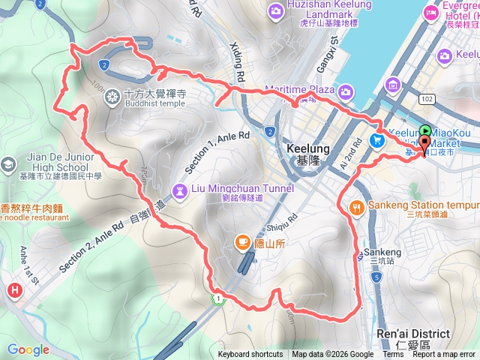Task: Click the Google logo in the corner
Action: (28, 349)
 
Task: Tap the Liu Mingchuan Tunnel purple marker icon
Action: (181, 191)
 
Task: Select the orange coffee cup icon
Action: (242, 241)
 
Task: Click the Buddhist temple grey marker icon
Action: (112, 96)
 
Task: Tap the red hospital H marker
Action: (13, 290)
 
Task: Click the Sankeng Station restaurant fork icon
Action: (356, 207)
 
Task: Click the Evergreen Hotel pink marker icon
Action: (431, 13)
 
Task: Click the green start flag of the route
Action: (425, 130)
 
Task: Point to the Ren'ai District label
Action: (412, 334)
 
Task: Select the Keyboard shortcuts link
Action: (250, 355)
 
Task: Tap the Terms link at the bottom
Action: (392, 355)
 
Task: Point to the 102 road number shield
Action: (427, 98)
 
